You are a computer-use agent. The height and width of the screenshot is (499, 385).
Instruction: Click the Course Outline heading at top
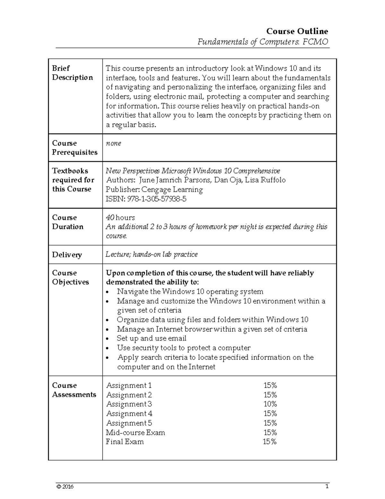click(297, 31)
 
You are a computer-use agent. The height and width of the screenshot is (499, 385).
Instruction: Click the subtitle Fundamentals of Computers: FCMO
click(262, 42)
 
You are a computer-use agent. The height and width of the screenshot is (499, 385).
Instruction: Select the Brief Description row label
click(72, 73)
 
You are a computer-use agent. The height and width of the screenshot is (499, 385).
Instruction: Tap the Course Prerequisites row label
click(74, 148)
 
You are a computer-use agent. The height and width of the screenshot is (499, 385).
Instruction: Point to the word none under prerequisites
click(113, 143)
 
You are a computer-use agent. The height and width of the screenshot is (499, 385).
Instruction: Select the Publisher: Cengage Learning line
click(154, 190)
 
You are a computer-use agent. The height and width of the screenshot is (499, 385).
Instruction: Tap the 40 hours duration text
click(120, 218)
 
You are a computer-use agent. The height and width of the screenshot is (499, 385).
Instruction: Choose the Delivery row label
click(67, 255)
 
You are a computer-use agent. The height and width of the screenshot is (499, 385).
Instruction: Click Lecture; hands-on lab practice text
click(151, 254)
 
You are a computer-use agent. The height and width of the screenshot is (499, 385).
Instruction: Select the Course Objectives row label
click(70, 278)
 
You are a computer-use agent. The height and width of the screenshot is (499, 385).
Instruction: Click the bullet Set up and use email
click(151, 338)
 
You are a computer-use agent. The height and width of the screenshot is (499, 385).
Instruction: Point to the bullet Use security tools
click(184, 348)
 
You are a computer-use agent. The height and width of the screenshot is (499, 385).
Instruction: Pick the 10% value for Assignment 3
click(270, 404)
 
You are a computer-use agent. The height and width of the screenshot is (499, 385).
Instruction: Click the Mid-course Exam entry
click(135, 432)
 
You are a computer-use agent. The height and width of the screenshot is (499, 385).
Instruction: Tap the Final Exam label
click(125, 442)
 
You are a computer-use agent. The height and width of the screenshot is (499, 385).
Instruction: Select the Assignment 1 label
click(129, 386)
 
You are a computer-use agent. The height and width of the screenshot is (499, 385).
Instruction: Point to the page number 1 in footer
click(327, 486)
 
